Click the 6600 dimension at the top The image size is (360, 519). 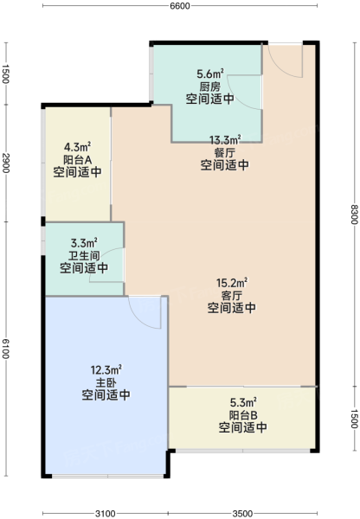tap(180, 6)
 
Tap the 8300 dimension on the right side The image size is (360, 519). tap(355, 215)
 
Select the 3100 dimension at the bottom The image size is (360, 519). tap(106, 513)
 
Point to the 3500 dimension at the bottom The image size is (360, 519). tap(243, 513)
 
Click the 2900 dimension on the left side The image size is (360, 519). tap(6, 163)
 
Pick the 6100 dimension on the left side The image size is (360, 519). tap(6, 349)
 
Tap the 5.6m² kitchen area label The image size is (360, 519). tap(210, 74)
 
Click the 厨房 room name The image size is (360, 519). tap(210, 87)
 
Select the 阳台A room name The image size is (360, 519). tap(78, 160)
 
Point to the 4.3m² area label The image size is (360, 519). tap(78, 146)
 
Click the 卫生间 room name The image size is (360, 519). tap(84, 255)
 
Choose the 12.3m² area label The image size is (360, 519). tap(106, 369)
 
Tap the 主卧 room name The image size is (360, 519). tap(106, 383)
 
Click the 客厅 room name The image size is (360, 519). tap(232, 295)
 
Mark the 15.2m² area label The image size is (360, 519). tap(232, 283)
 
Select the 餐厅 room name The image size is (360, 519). tap(225, 152)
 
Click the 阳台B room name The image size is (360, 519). tap(243, 415)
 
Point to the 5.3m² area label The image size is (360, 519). tap(243, 402)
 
